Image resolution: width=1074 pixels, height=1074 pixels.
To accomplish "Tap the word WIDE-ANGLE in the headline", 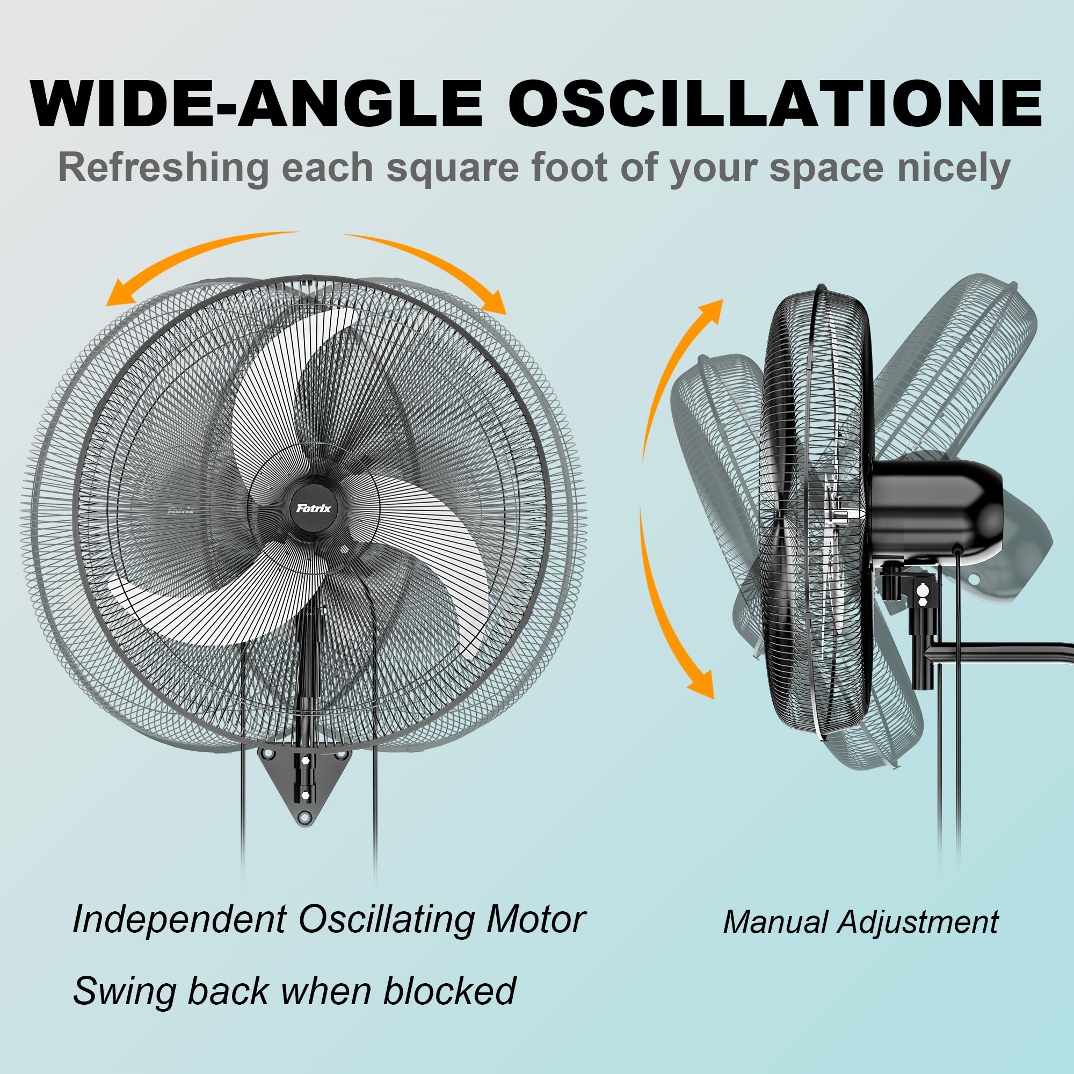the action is (x=257, y=104).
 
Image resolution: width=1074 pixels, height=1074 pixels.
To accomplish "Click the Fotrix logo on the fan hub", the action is (x=314, y=508).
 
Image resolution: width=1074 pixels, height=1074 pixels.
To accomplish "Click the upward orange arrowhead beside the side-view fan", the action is (x=710, y=312).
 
